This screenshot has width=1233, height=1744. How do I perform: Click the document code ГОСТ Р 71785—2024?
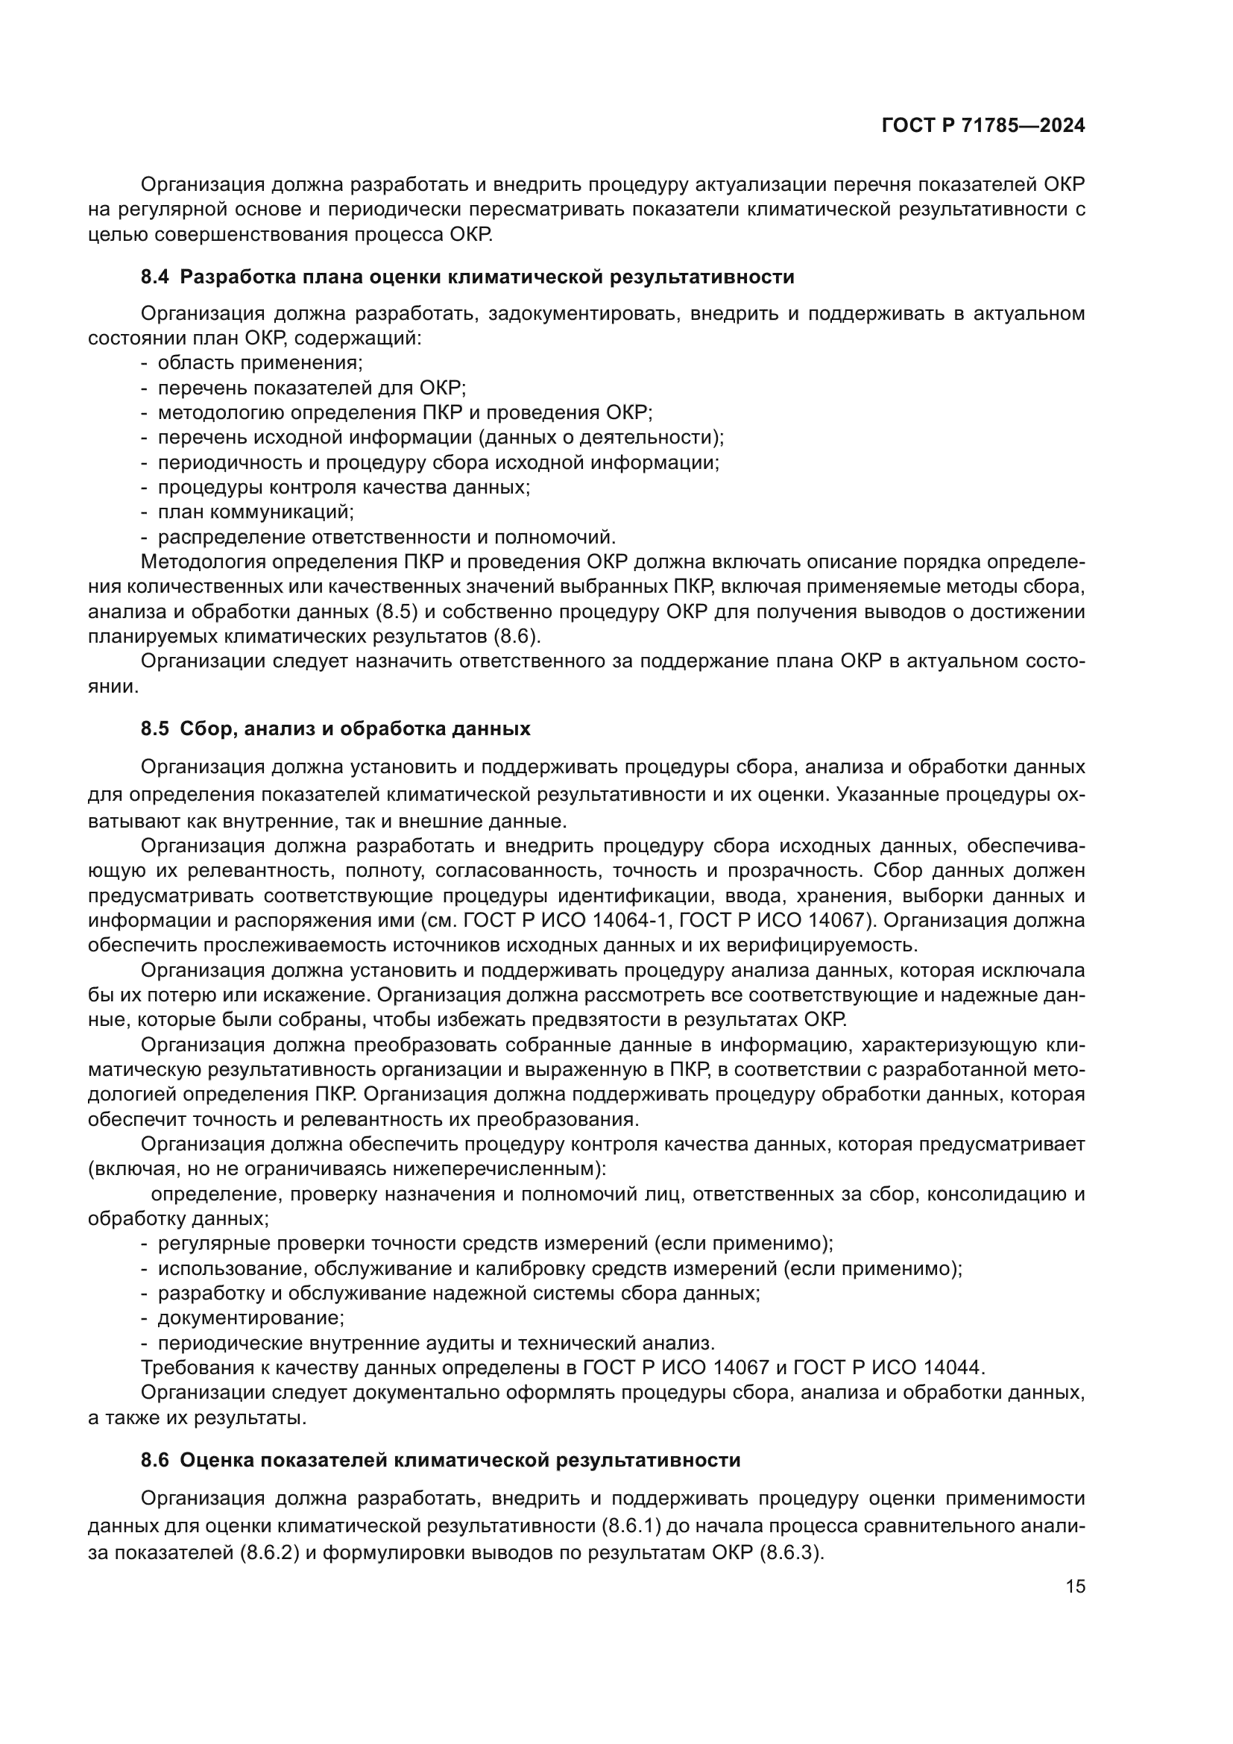[x=983, y=126]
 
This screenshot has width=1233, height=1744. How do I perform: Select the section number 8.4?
[x=155, y=277]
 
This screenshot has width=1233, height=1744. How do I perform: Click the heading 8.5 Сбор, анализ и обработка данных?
[x=335, y=729]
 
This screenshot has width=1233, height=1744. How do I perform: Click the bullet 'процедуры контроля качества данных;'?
[x=343, y=487]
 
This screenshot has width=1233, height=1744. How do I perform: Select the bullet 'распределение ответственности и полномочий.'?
[x=386, y=537]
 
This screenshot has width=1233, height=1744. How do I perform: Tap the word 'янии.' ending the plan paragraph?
[x=113, y=687]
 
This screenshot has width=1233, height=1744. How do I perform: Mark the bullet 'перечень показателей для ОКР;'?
[x=312, y=388]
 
